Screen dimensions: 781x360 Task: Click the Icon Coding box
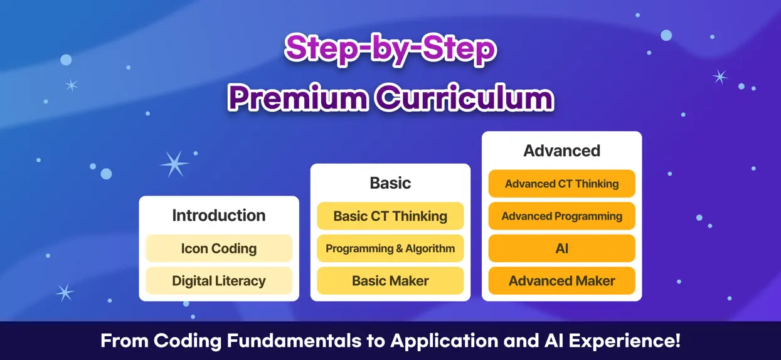click(x=219, y=248)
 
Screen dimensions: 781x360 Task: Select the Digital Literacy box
click(x=219, y=281)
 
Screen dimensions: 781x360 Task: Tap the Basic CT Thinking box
click(x=390, y=216)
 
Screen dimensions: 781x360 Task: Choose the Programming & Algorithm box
click(x=390, y=248)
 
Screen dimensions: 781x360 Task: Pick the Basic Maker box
click(x=390, y=281)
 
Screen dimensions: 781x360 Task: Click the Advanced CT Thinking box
click(x=561, y=184)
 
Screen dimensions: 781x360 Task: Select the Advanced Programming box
click(x=561, y=216)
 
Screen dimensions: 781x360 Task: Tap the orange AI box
click(x=561, y=248)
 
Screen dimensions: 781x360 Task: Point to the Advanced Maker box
click(x=561, y=281)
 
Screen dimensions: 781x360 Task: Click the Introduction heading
click(x=219, y=215)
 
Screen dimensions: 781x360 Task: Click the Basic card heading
click(x=390, y=183)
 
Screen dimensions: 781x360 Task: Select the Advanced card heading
click(x=561, y=151)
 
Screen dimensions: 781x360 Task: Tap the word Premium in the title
click(x=299, y=98)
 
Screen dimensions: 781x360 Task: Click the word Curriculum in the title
click(x=465, y=98)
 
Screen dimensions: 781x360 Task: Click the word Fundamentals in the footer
click(x=294, y=341)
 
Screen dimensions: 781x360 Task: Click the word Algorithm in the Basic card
click(x=430, y=248)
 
